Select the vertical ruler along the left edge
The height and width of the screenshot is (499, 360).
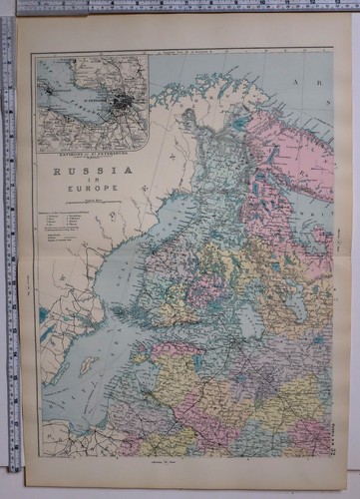click(8, 249)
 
